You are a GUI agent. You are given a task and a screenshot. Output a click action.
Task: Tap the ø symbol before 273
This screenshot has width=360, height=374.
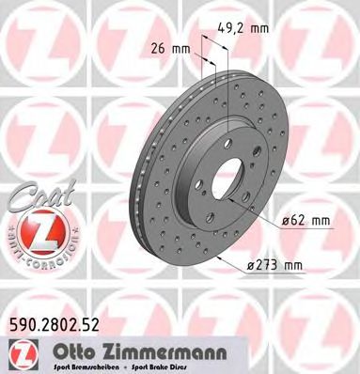(x=259, y=264)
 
